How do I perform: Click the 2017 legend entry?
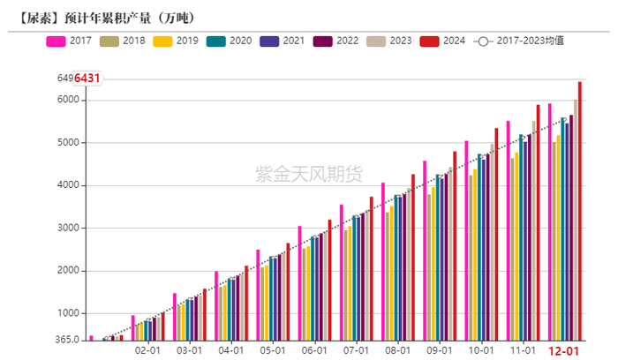(70, 41)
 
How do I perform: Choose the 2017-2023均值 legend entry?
(522, 41)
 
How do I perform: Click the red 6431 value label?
(87, 79)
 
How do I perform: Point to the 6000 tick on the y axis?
(68, 100)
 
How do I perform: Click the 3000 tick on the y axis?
(68, 229)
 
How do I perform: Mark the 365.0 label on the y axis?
(67, 340)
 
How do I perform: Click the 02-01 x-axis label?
(147, 350)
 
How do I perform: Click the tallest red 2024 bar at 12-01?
(580, 212)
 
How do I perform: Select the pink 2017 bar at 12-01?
(549, 221)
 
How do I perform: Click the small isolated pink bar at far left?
(91, 337)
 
